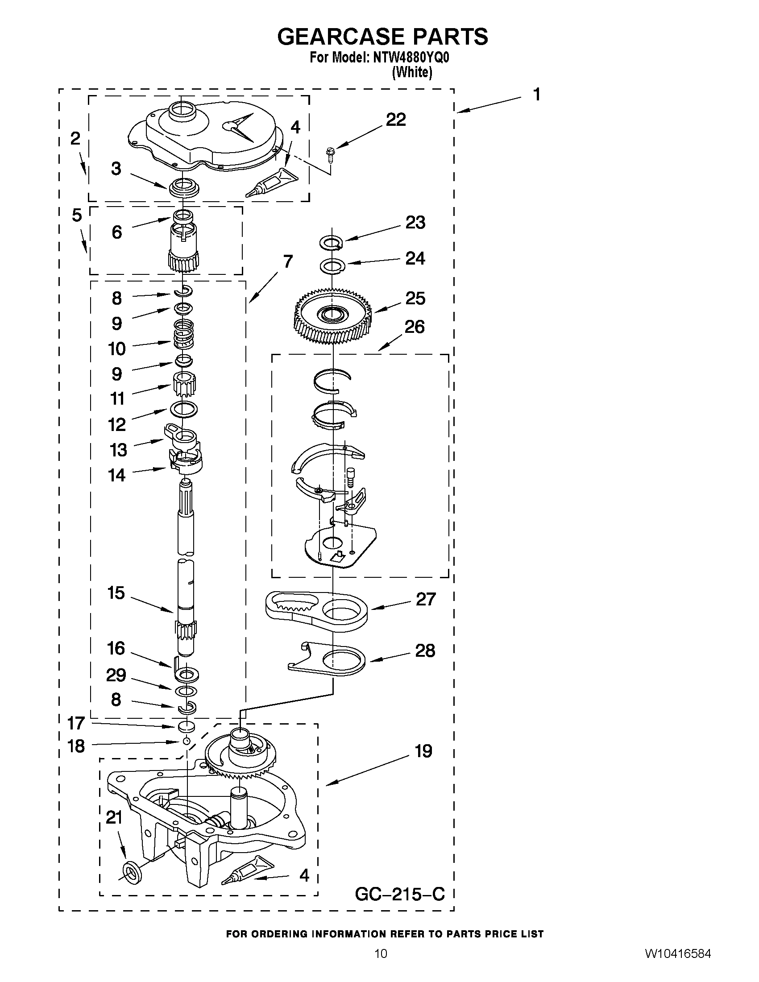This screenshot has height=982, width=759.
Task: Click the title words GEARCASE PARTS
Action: click(x=382, y=37)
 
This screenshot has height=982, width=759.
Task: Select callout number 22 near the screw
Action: click(x=396, y=120)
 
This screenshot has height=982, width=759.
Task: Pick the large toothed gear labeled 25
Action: click(x=333, y=317)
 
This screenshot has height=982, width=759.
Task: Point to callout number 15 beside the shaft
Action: click(x=116, y=593)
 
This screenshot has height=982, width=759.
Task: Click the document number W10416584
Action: click(x=678, y=966)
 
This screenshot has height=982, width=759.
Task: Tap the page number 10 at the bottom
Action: click(x=381, y=966)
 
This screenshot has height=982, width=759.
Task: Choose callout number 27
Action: click(x=425, y=599)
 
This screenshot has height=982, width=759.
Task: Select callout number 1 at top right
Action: click(x=536, y=95)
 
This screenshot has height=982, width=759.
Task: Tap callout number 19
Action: click(x=423, y=751)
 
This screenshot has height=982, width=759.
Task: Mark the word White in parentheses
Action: click(x=412, y=72)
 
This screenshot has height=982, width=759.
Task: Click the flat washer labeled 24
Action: click(x=332, y=266)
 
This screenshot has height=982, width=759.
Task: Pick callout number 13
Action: click(x=118, y=450)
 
